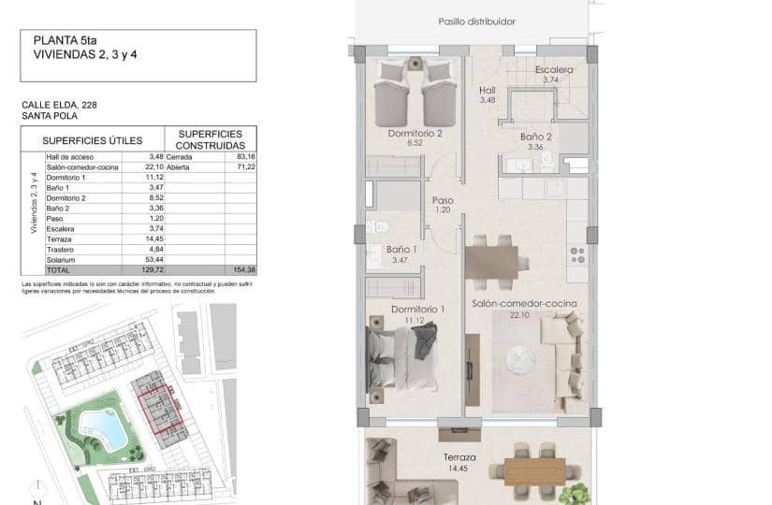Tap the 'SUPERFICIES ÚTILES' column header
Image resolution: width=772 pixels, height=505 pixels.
coord(93,140)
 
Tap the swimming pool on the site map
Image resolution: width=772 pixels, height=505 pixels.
coord(110,428)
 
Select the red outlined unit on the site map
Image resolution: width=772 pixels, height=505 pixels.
coord(160,411)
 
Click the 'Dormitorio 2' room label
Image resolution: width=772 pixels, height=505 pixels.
coord(415,134)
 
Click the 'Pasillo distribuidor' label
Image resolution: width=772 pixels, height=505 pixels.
coord(476,22)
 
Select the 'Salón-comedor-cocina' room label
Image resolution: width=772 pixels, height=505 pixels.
coord(524,304)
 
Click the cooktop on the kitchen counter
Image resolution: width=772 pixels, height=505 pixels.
coord(577,254)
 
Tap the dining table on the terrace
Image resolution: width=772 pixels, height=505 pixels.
coord(534,469)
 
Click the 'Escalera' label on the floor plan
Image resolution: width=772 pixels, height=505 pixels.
coord(554,70)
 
